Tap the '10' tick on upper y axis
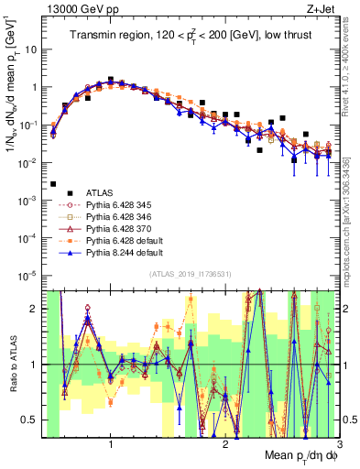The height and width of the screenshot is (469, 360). [x=31, y=49]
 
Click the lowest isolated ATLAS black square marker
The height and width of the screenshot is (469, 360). [x=53, y=184]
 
